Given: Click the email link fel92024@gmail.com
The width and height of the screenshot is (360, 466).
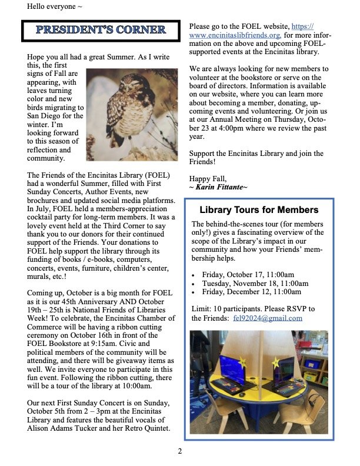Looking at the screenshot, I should [268, 318].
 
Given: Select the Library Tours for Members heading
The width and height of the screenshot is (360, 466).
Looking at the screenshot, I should [259, 210].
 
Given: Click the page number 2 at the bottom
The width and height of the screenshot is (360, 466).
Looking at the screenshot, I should [180, 451].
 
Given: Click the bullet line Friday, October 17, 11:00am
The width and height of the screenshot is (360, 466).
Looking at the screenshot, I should [248, 275].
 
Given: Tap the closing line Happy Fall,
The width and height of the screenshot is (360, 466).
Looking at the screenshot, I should [208, 178].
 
